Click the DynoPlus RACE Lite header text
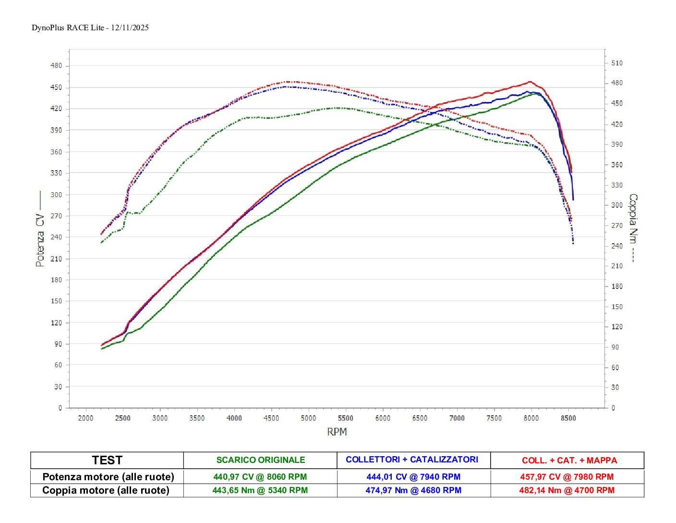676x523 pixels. tap(90, 27)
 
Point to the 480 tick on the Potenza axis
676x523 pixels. tap(57, 66)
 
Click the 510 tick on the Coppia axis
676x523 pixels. tap(617, 63)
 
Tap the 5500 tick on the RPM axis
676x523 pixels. tap(345, 418)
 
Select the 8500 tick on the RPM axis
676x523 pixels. tap(568, 418)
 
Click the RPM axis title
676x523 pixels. tap(337, 432)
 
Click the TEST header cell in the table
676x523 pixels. tap(107, 460)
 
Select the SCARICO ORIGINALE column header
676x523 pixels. tap(261, 460)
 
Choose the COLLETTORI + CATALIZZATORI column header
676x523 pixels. tap(412, 460)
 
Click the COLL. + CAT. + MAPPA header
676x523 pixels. tap(569, 461)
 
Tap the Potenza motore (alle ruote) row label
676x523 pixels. tap(108, 477)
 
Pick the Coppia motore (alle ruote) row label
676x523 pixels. tap(106, 490)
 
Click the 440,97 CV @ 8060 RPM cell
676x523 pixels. tap(260, 477)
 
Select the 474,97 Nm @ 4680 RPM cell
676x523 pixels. tap(413, 490)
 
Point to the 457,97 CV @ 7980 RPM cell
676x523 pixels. tap(567, 477)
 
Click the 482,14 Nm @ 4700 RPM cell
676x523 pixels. tap(567, 490)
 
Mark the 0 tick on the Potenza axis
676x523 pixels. tap(60, 408)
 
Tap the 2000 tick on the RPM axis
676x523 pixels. tap(85, 418)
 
